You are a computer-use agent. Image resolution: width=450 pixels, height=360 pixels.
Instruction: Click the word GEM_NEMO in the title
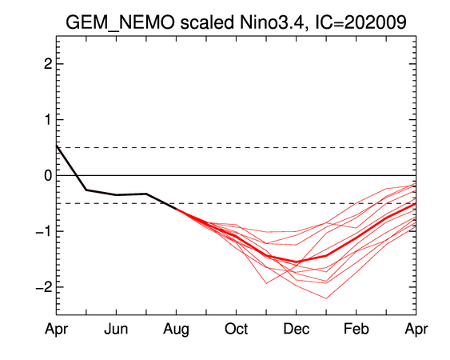(120, 23)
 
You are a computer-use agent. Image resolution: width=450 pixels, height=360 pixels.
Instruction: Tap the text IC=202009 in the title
(360, 22)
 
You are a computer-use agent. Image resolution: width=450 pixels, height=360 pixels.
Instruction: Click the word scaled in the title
(207, 22)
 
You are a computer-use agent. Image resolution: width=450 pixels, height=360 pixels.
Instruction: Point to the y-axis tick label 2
(48, 64)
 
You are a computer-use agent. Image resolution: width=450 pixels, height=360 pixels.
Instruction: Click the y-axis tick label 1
(48, 119)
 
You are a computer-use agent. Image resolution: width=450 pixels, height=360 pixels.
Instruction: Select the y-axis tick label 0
(48, 175)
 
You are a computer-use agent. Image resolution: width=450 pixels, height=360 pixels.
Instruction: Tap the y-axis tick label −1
(44, 231)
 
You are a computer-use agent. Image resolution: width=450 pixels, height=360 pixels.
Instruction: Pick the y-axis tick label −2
(44, 287)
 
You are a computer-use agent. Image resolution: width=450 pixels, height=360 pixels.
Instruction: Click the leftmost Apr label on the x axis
(56, 330)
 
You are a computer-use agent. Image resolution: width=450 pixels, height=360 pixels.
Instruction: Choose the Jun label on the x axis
(116, 328)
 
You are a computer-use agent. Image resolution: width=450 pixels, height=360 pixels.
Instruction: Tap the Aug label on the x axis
(176, 330)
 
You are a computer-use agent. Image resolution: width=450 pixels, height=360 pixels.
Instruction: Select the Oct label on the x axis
(237, 328)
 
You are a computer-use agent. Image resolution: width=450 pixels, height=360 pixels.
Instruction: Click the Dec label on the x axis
(297, 328)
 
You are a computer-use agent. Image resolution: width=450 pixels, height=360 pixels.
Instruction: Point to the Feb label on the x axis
(356, 328)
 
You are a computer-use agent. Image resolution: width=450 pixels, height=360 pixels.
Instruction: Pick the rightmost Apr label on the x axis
(416, 330)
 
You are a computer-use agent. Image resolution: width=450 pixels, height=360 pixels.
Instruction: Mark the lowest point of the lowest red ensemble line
(326, 298)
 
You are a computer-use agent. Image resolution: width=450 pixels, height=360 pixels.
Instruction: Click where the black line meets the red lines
(176, 209)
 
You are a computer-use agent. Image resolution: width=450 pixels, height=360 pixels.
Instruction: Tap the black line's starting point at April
(57, 146)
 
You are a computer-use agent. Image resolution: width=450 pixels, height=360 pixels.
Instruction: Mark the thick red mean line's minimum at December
(297, 262)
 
